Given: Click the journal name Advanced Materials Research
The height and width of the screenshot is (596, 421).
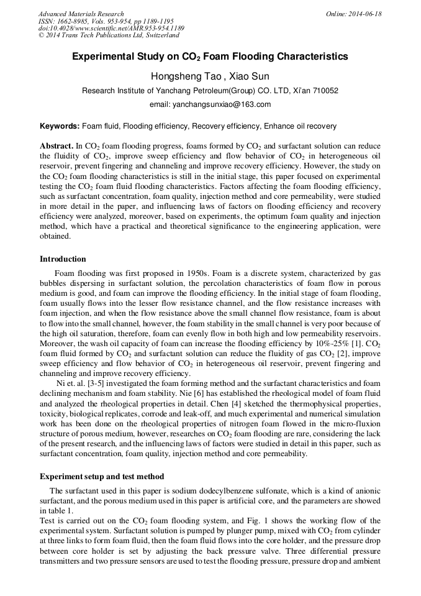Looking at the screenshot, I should (81, 14).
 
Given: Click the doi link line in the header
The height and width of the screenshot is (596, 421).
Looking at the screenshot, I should (111, 28).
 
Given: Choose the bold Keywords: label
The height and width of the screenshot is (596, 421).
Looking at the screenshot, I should (60, 126).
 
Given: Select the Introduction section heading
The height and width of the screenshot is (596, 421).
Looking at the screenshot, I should (63, 259).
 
